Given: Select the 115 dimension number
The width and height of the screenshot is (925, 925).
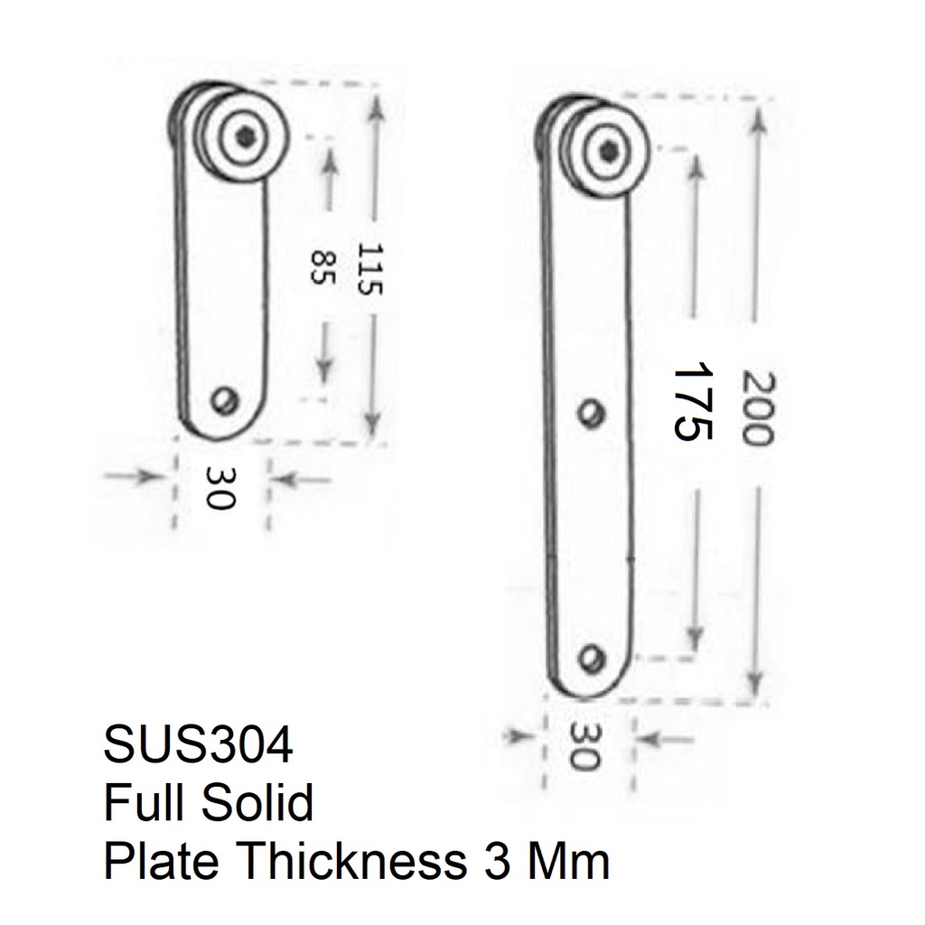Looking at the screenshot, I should (x=370, y=269).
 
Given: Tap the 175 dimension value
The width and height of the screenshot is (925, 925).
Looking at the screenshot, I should (x=690, y=401).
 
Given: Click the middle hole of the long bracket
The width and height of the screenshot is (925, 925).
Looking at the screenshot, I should (x=591, y=415).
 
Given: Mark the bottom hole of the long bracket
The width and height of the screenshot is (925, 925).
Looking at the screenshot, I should (x=593, y=658).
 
